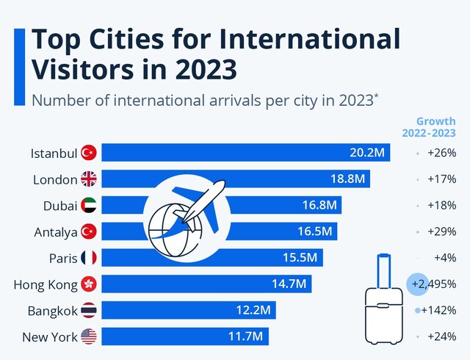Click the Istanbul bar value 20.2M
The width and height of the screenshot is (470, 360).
point(366,153)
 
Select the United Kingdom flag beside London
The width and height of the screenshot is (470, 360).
point(89,179)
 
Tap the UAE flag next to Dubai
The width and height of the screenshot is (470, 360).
point(89,206)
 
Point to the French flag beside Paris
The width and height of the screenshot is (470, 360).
point(89,258)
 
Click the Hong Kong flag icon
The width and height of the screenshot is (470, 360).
point(89,284)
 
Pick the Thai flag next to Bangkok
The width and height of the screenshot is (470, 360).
point(89,310)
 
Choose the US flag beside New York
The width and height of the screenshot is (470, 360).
point(89,336)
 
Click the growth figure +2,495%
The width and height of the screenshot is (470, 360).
point(434,284)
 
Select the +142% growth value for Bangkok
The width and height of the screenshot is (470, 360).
point(438,310)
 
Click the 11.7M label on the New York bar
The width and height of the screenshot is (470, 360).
point(246,336)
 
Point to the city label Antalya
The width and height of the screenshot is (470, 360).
point(56,232)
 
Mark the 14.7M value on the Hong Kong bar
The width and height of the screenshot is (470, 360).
point(289,284)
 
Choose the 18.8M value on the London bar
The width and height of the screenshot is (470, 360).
point(347,179)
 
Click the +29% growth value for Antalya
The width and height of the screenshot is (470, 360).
point(442,232)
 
